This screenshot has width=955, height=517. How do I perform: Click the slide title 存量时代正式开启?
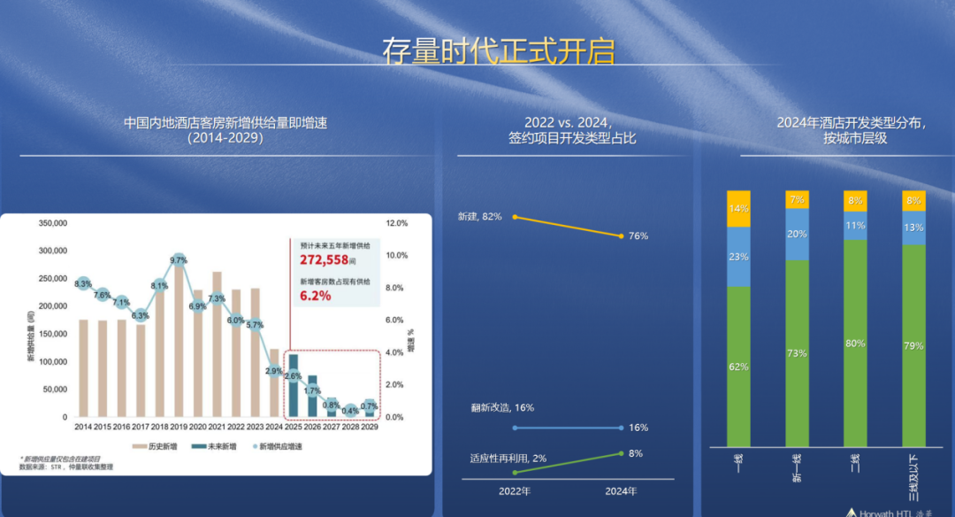tap(498, 51)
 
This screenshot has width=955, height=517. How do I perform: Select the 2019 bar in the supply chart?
tap(180, 345)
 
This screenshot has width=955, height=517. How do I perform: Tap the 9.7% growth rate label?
tap(179, 260)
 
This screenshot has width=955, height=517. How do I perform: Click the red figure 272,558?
tap(324, 260)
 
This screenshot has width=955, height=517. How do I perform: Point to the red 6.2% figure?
tap(315, 296)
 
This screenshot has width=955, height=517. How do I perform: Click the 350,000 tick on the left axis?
tap(53, 223)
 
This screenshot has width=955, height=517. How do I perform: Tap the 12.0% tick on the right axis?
tap(396, 223)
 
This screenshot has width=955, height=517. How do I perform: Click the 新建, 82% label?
tap(479, 216)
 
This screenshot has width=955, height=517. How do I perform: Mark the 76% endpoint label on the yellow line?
tap(638, 236)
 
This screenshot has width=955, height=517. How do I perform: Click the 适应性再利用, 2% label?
tap(508, 458)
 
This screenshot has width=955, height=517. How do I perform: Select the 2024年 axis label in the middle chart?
tap(621, 491)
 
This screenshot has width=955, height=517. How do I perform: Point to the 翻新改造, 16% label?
tap(502, 408)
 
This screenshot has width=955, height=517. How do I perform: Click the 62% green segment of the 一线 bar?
tap(738, 367)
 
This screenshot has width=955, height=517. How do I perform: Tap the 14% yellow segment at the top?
tap(738, 209)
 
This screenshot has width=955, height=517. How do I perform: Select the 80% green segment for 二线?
tap(855, 343)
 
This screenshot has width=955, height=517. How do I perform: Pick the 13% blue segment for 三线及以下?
tap(913, 228)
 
